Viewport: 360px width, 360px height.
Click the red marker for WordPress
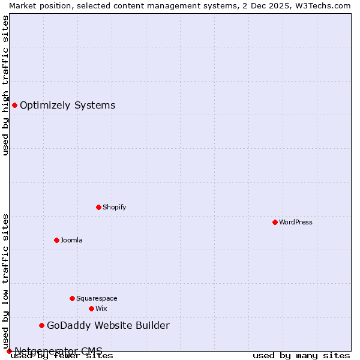[275, 222]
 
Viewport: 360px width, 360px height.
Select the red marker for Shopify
[98, 207]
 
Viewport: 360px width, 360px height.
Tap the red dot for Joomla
[56, 240]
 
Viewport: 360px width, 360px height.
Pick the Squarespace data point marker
[72, 298]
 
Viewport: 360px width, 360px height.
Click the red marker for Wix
[91, 308]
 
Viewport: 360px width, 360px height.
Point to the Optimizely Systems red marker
[14, 105]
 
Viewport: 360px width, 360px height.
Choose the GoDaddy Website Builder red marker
[41, 325]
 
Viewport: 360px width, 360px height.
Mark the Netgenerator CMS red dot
[9, 351]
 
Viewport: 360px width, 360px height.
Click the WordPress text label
[296, 222]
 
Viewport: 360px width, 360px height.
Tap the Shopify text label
[114, 207]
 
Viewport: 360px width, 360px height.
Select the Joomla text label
[71, 240]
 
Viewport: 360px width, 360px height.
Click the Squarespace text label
[97, 298]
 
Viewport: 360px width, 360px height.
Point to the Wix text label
[101, 308]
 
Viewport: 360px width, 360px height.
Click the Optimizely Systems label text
[67, 105]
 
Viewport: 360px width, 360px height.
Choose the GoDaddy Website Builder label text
[108, 325]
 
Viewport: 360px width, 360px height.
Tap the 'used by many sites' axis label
[301, 355]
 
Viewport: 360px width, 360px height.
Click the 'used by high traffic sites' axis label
[5, 85]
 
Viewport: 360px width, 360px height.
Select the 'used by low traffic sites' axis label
[5, 281]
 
